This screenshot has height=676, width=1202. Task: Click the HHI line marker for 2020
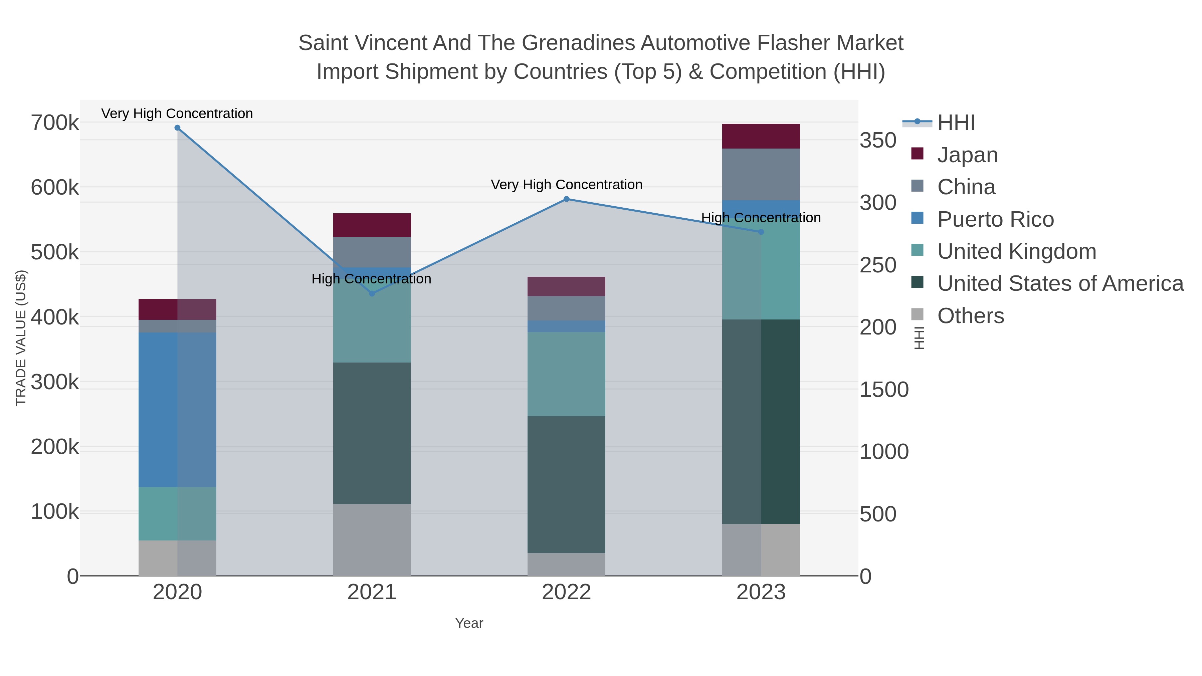coord(177,128)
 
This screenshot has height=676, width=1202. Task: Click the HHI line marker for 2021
coord(372,293)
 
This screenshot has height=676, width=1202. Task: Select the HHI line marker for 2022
coord(567,199)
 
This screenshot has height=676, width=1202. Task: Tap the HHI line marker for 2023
coord(761,232)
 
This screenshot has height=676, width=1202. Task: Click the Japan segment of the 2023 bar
coord(761,136)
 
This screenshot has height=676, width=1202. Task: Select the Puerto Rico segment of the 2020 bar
coord(177,410)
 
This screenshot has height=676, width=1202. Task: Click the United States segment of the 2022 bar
coord(567,484)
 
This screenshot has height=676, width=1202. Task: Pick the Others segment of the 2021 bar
coord(372,540)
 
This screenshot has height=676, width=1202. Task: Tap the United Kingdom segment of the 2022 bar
coord(567,374)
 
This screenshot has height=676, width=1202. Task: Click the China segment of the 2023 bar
coord(761,175)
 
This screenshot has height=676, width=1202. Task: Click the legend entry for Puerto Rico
coord(995,219)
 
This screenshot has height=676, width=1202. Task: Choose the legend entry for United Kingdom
coord(1016,251)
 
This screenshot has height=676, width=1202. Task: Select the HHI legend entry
coord(956,123)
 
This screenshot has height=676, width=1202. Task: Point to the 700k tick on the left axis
coord(55,123)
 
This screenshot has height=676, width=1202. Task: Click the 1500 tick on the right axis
coord(884,390)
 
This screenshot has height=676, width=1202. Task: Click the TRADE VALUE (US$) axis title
coord(21,338)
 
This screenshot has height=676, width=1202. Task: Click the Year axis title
coord(469,623)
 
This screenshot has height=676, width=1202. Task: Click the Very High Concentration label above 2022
coord(567,185)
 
